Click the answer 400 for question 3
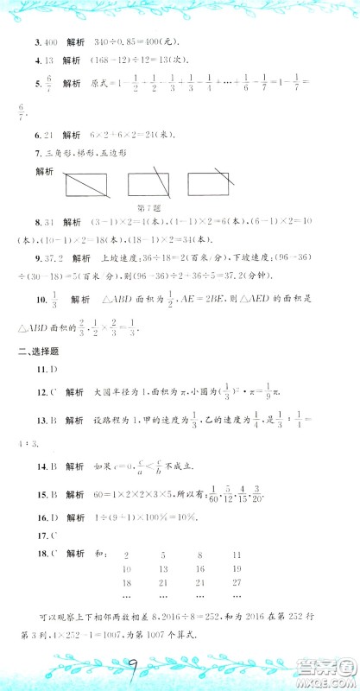pyautogui.click(x=44, y=42)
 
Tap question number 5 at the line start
pyautogui.click(x=34, y=84)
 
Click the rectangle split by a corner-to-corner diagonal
pyautogui.click(x=85, y=183)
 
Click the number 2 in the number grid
pyautogui.click(x=127, y=559)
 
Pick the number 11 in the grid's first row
pyautogui.click(x=237, y=559)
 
